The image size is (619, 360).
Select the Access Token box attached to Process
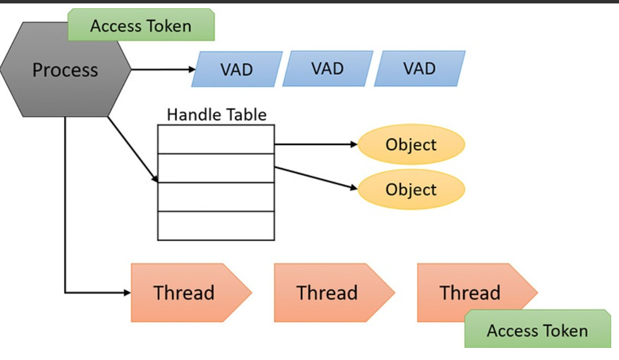(x=141, y=25)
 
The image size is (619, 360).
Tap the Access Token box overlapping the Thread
(x=537, y=330)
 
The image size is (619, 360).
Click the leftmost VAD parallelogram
(x=237, y=69)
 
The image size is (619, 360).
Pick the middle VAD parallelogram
(x=328, y=68)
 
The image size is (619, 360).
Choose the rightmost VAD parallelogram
(x=420, y=68)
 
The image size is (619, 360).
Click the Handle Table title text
(x=217, y=114)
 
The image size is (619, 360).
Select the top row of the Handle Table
(x=216, y=139)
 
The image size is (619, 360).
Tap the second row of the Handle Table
(x=216, y=168)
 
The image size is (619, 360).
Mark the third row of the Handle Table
(x=216, y=197)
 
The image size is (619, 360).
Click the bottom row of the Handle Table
(x=216, y=225)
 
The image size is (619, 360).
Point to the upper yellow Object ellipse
(x=411, y=144)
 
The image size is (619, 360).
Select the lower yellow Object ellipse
(x=411, y=189)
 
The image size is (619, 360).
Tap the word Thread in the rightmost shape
(x=470, y=292)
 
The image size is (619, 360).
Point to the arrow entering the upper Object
(x=315, y=145)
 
